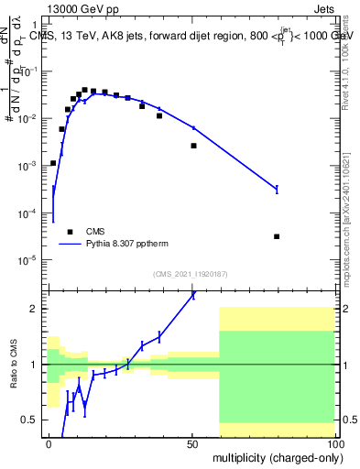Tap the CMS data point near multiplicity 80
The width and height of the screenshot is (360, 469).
277,236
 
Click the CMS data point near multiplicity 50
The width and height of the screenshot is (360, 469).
193,146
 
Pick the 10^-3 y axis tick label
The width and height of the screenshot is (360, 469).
29,166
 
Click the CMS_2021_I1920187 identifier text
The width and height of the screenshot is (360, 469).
191,274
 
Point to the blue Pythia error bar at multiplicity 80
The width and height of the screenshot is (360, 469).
277,189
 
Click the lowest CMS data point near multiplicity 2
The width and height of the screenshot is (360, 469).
53,163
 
